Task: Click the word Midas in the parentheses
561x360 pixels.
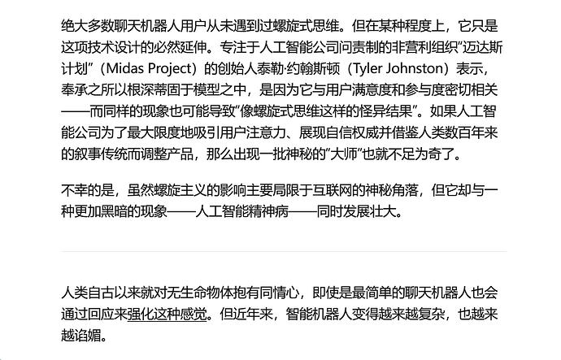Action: click(x=125, y=68)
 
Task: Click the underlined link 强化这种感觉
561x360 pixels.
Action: click(x=167, y=314)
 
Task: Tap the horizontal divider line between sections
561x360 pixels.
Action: click(x=284, y=251)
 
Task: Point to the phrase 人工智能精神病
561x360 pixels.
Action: click(x=242, y=212)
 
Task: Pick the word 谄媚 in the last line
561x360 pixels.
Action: click(x=88, y=336)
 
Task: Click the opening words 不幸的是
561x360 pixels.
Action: click(x=88, y=190)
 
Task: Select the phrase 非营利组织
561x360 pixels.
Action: click(x=426, y=47)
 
